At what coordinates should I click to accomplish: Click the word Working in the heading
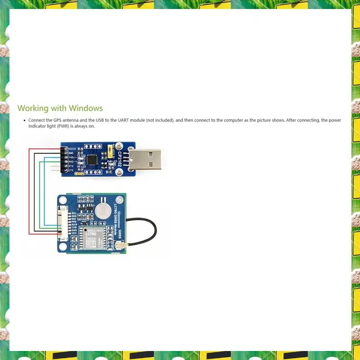click(x=33, y=108)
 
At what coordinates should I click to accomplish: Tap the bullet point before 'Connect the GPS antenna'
click(x=25, y=121)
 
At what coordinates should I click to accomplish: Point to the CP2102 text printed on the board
click(x=120, y=158)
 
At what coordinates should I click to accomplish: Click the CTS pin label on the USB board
click(x=71, y=171)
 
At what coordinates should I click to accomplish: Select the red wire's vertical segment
click(x=29, y=191)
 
